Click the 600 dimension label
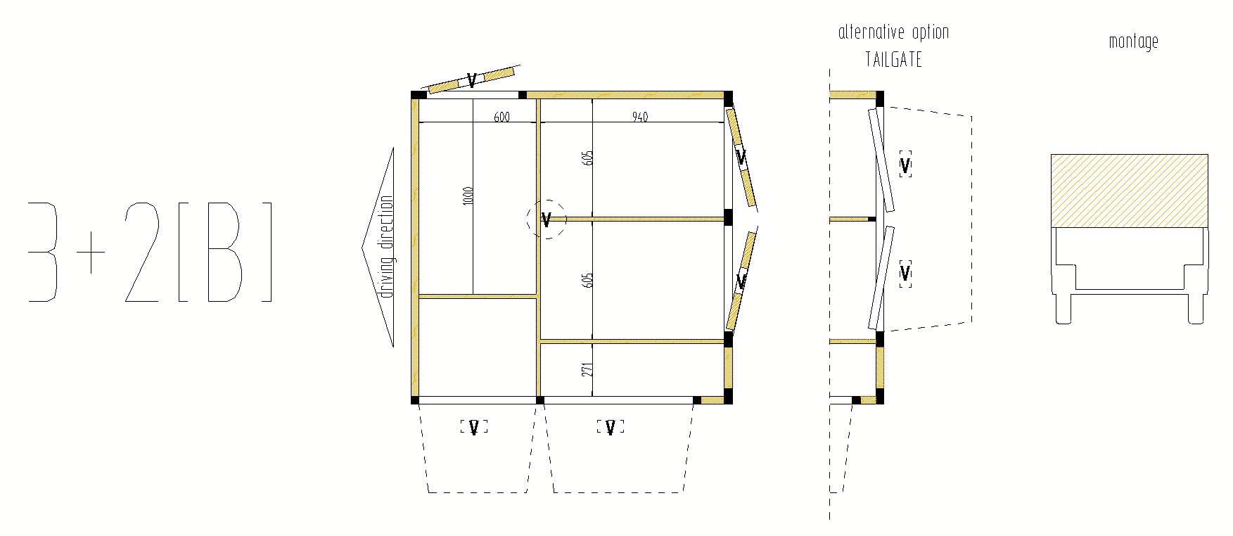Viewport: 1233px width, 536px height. tap(501, 117)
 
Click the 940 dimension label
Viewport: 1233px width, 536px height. tap(639, 117)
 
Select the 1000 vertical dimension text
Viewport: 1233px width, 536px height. tap(468, 196)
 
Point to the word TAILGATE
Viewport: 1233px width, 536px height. tap(893, 60)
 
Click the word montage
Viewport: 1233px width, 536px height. tap(1133, 42)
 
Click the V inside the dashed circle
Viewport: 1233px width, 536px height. tap(546, 220)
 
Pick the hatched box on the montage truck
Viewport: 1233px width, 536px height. tap(1129, 191)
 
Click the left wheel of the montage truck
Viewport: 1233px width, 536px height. tap(1063, 309)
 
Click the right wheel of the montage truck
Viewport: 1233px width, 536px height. tap(1196, 309)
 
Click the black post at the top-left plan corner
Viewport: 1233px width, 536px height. tap(418, 95)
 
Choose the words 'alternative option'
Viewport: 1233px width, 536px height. tap(893, 32)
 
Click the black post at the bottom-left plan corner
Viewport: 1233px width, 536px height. tap(415, 400)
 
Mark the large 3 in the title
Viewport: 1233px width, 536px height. tap(44, 253)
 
